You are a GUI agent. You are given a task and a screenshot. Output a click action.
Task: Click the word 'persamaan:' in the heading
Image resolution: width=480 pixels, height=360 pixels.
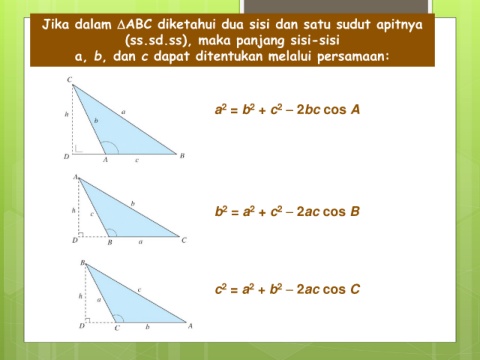pos(353,57)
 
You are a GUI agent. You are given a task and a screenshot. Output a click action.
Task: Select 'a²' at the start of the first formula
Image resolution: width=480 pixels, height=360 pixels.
pos(221,109)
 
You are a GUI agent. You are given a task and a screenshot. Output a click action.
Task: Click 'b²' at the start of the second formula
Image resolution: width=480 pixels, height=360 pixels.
pos(221,211)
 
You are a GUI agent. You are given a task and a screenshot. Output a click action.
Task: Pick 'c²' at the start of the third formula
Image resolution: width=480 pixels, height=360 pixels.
pos(221,289)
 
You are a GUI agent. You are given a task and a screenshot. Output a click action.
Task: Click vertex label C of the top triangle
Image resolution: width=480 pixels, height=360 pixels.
pos(69,79)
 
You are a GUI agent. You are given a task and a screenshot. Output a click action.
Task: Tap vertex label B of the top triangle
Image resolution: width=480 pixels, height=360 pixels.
pos(182,156)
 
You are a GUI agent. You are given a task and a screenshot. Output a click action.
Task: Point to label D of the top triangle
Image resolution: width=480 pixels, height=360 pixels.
pos(66,156)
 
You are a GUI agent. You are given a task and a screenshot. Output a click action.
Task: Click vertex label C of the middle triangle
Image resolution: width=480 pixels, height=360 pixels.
pos(184,240)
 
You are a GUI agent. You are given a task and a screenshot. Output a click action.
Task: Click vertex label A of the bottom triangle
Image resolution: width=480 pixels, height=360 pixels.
pos(190,326)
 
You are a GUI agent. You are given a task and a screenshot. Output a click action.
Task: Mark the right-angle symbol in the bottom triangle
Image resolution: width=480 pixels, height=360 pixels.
pos(88,320)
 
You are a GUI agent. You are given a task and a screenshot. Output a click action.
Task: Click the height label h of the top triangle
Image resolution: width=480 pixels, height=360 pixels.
pos(66,114)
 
